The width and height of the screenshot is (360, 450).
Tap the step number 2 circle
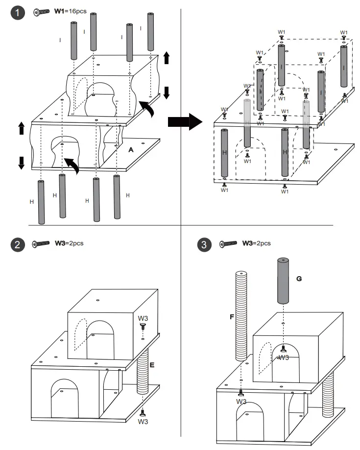coord(18,244)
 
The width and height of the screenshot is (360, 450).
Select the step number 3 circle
coord(204,244)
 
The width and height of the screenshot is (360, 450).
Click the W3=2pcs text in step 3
coord(256,243)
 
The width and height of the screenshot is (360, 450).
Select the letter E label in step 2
coord(152,365)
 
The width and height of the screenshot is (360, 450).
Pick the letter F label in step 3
coord(232,317)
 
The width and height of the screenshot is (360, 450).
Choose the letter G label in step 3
coord(299,278)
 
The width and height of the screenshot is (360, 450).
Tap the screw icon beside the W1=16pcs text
coord(42,12)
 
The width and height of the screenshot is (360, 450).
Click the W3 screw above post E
coord(143,326)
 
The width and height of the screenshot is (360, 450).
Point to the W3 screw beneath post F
coord(241,392)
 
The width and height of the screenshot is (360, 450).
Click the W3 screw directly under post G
coord(284,349)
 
